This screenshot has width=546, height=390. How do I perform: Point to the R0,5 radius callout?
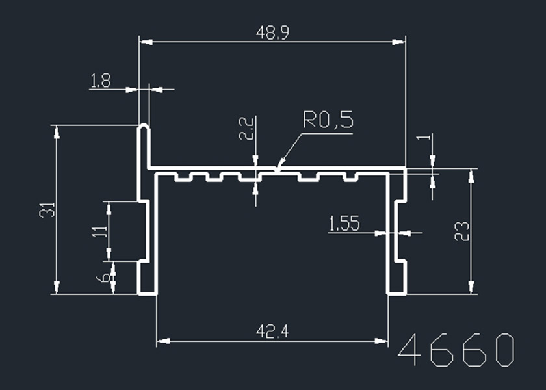point(328,120)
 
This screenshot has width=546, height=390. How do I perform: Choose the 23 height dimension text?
point(462,231)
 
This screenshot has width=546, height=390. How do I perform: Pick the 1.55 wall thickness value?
point(344,225)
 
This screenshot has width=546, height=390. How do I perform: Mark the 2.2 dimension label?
point(246,129)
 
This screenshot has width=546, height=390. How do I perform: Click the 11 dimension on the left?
point(99,231)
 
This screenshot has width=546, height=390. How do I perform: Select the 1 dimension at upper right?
point(426,138)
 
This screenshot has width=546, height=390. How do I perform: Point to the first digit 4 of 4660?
point(410,351)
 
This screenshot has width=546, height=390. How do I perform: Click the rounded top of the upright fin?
point(144,125)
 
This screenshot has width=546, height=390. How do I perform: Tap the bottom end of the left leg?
point(148,293)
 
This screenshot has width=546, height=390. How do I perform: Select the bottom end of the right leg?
point(396,293)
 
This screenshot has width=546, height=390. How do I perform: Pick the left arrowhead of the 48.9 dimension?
point(142,42)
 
